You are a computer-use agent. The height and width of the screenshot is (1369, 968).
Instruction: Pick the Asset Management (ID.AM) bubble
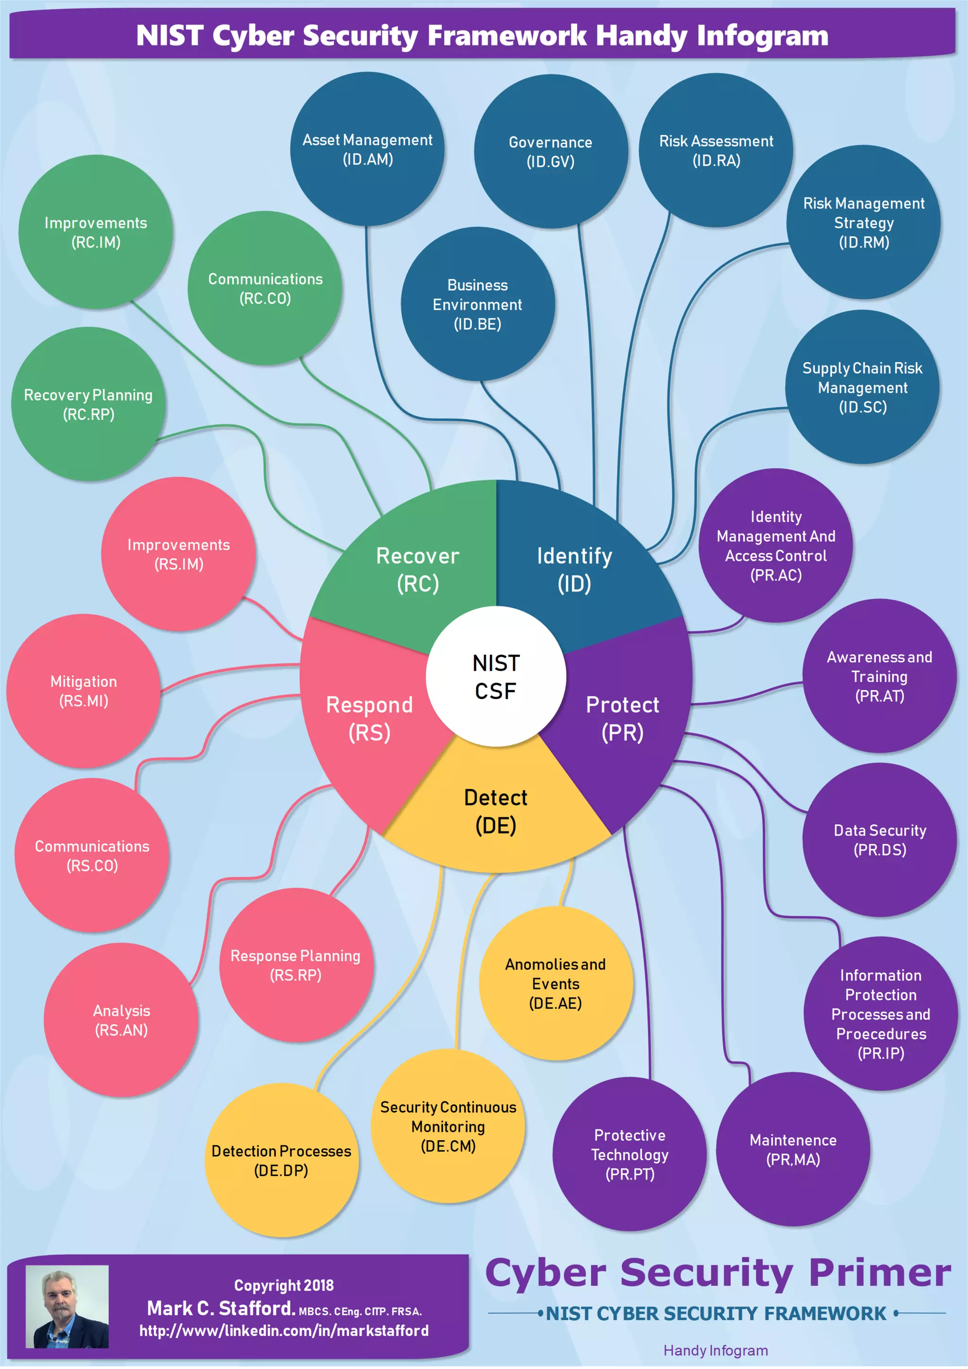point(367,149)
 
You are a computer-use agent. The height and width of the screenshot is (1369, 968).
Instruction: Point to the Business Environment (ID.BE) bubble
point(477,304)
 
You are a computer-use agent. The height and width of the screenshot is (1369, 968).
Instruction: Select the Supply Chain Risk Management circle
point(862,387)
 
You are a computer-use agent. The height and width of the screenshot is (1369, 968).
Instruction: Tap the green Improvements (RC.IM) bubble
point(95,232)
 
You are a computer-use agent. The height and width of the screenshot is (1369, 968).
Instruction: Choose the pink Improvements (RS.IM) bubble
point(178,554)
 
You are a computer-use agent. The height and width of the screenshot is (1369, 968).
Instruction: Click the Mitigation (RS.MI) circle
point(84,691)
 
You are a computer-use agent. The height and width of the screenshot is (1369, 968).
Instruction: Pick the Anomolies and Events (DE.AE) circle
point(555,983)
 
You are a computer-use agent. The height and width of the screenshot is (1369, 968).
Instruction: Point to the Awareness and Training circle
point(879,676)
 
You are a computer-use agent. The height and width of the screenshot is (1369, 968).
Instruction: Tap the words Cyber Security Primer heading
point(717,1273)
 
